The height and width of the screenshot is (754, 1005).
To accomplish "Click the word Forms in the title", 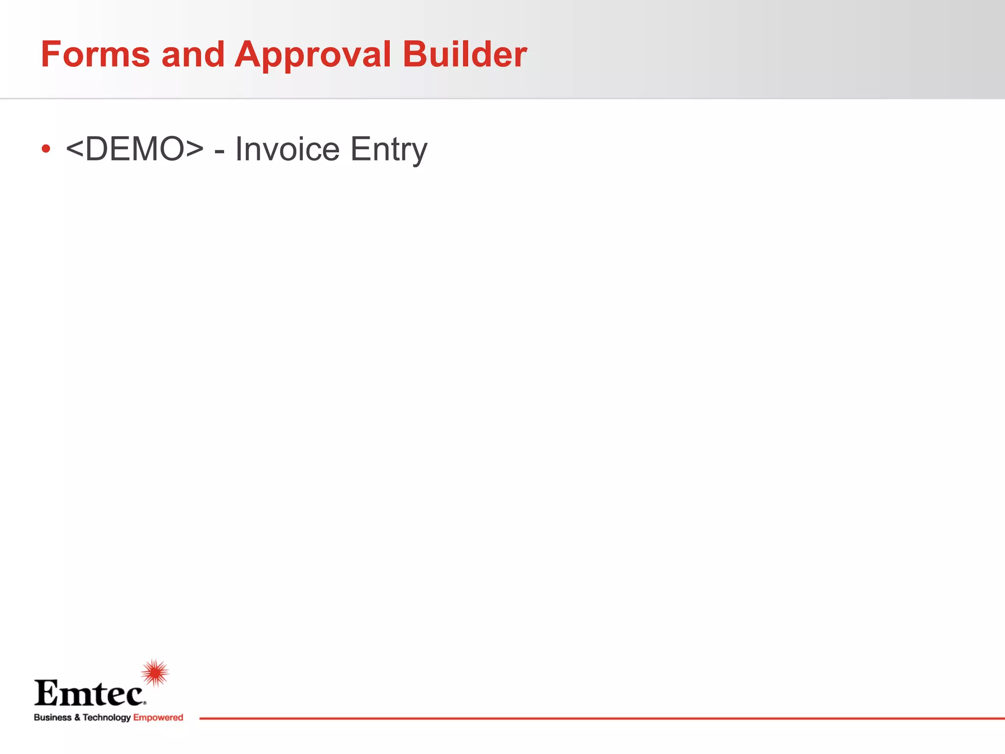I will click(95, 54).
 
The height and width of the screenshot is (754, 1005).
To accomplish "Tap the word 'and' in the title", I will click(193, 54).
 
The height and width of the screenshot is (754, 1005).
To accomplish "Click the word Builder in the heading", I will click(464, 54).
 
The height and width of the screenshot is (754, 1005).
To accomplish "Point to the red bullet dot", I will click(46, 149).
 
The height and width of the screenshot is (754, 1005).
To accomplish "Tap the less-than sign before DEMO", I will click(74, 149).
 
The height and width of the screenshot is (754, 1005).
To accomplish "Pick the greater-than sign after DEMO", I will click(194, 149).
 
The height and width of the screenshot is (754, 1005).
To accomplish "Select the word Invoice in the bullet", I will click(287, 149).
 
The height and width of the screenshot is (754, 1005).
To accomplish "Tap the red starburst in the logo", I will click(155, 673).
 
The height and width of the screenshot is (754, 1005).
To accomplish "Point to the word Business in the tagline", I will click(53, 718).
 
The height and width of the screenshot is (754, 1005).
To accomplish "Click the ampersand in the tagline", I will click(77, 718).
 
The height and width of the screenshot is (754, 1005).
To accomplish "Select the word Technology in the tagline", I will click(106, 718).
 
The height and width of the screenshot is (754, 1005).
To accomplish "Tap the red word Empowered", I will click(158, 718).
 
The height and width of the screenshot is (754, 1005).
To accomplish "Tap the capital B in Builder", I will click(414, 54).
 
